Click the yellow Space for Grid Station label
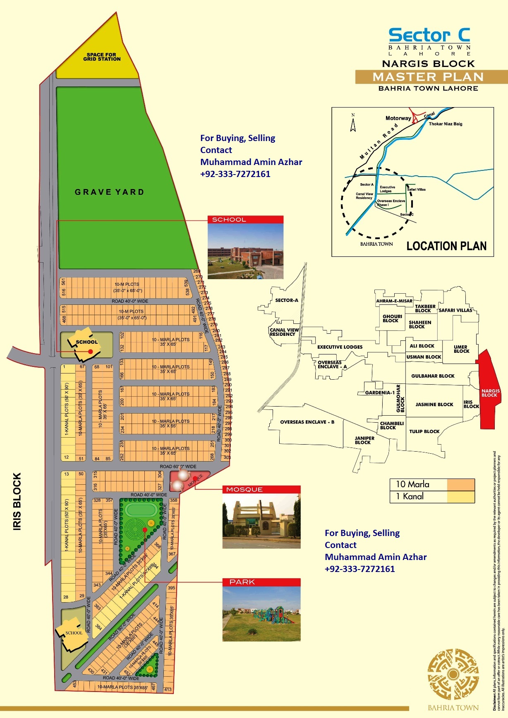(x=102, y=57)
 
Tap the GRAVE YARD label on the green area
(x=110, y=192)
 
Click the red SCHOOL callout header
(x=245, y=220)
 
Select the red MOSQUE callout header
(x=261, y=489)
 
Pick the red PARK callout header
(x=261, y=582)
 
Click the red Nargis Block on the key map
(x=488, y=393)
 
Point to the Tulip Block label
(x=424, y=431)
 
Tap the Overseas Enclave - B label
(x=307, y=422)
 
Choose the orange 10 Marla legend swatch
(x=460, y=484)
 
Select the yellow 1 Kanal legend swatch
(x=460, y=496)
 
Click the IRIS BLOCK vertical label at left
(x=17, y=501)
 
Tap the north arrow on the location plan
(x=353, y=123)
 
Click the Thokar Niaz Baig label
(x=446, y=124)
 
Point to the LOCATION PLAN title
(x=446, y=246)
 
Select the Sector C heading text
(x=429, y=35)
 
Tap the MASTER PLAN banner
(x=428, y=77)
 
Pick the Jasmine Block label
(x=434, y=404)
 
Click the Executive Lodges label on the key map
(x=340, y=347)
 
